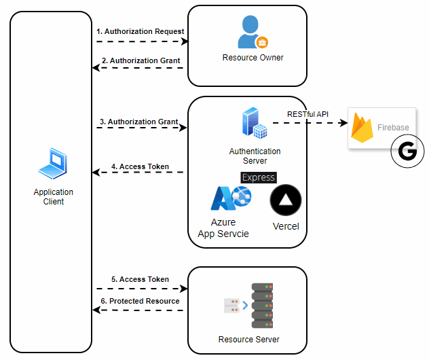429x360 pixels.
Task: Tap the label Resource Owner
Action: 253,58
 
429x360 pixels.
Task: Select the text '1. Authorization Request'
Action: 141,31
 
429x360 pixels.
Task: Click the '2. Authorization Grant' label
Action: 141,60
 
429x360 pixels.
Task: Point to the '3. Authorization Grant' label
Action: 138,122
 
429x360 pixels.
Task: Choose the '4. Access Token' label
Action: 140,166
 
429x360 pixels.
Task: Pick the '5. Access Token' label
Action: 140,279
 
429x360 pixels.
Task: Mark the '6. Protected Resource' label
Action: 140,301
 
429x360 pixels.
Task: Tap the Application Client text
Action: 53,197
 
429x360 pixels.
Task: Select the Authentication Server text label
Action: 255,156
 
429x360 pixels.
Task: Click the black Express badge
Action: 259,177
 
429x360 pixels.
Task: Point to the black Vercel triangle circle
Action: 285,200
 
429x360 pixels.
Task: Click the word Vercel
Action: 286,226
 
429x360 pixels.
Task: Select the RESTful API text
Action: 307,114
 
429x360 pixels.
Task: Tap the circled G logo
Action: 407,151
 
